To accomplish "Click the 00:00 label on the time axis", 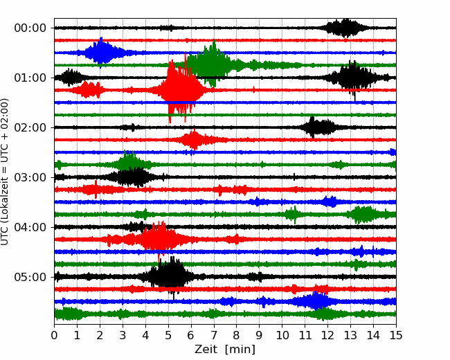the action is click(x=30, y=28).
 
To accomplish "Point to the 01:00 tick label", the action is click(x=30, y=78).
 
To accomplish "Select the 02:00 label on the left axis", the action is click(x=30, y=127).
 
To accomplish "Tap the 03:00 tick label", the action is click(x=30, y=177).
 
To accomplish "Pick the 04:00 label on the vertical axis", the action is click(x=30, y=227).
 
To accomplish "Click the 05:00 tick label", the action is click(x=30, y=277).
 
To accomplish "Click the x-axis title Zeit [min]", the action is click(x=225, y=350).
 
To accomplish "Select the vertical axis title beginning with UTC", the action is click(x=5, y=172).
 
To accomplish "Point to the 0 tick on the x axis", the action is click(x=54, y=335).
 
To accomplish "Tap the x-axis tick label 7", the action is click(x=214, y=335).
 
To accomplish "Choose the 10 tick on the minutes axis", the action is click(x=282, y=335).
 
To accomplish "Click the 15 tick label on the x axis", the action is click(x=396, y=335).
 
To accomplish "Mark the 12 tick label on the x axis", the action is click(x=327, y=335).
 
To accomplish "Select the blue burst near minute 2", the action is click(x=101, y=53).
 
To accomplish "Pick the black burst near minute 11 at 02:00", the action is click(x=317, y=127).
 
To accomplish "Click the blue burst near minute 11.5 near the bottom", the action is click(x=314, y=301).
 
